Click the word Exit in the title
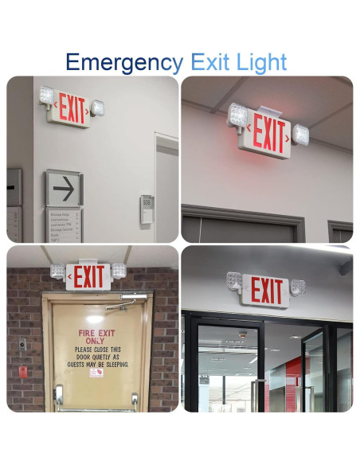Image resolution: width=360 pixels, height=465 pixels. point(212,61)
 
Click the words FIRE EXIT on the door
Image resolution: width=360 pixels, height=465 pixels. point(96,333)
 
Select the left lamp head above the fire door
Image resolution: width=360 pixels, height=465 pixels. point(57,271)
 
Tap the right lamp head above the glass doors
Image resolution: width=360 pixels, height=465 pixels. point(298,287)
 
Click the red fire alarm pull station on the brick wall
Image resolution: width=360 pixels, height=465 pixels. point(22,371)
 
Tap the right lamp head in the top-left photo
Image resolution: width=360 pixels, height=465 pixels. point(98,107)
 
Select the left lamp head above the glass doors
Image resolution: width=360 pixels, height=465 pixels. point(234,280)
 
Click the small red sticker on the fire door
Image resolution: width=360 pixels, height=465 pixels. point(96,373)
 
